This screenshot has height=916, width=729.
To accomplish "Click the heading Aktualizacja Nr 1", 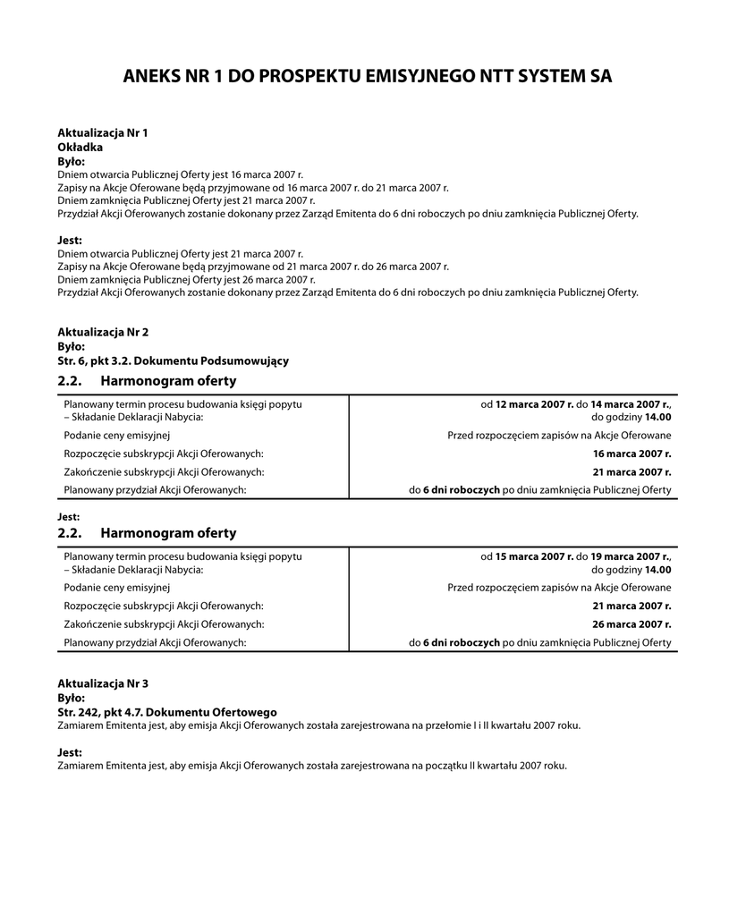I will coord(103,132).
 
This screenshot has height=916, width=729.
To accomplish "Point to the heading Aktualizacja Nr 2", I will coord(103,332).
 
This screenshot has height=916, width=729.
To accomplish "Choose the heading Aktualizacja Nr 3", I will coord(103,683).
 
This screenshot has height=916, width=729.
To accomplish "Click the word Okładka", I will coord(81,147).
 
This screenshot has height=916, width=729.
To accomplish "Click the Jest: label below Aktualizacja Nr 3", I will coord(70,753).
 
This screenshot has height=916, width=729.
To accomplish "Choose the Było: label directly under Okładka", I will coord(72,161).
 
